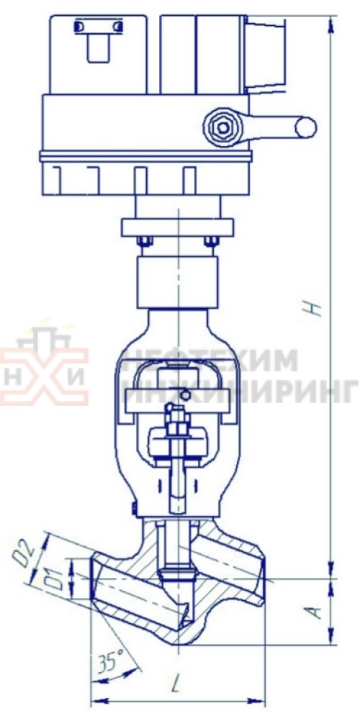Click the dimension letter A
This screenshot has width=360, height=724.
(313, 612)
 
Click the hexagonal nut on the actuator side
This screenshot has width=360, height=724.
(224, 127)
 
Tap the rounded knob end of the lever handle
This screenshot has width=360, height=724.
(306, 127)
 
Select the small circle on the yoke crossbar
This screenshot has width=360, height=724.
(185, 394)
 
